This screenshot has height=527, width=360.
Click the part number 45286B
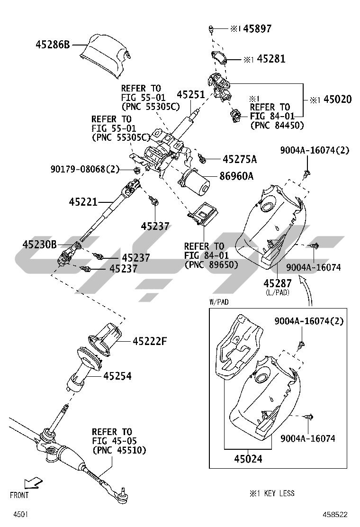[52, 45]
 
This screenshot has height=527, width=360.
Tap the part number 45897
[257, 29]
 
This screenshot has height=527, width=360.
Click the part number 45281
[271, 59]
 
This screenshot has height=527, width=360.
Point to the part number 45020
[337, 100]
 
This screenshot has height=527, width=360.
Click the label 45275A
[239, 159]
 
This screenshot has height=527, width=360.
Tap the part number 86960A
[236, 176]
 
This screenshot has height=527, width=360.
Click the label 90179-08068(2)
[85, 169]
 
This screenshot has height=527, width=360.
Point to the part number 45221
[83, 202]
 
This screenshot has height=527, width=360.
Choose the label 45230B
[39, 245]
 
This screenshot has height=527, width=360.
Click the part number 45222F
[151, 341]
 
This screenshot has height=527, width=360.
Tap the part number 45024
[247, 458]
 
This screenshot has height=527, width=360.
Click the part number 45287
[277, 283]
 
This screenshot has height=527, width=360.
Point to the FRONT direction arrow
[32, 483]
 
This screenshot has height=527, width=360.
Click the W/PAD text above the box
[219, 301]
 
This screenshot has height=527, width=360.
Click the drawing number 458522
[335, 514]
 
